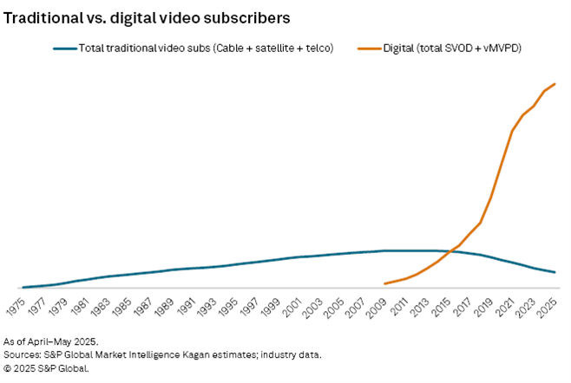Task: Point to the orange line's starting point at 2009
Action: coord(384,283)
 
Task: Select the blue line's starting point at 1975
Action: coord(23,287)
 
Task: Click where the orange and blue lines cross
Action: coord(450,251)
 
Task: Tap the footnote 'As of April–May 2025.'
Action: coord(51,341)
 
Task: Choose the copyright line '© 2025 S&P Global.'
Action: coord(47,367)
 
